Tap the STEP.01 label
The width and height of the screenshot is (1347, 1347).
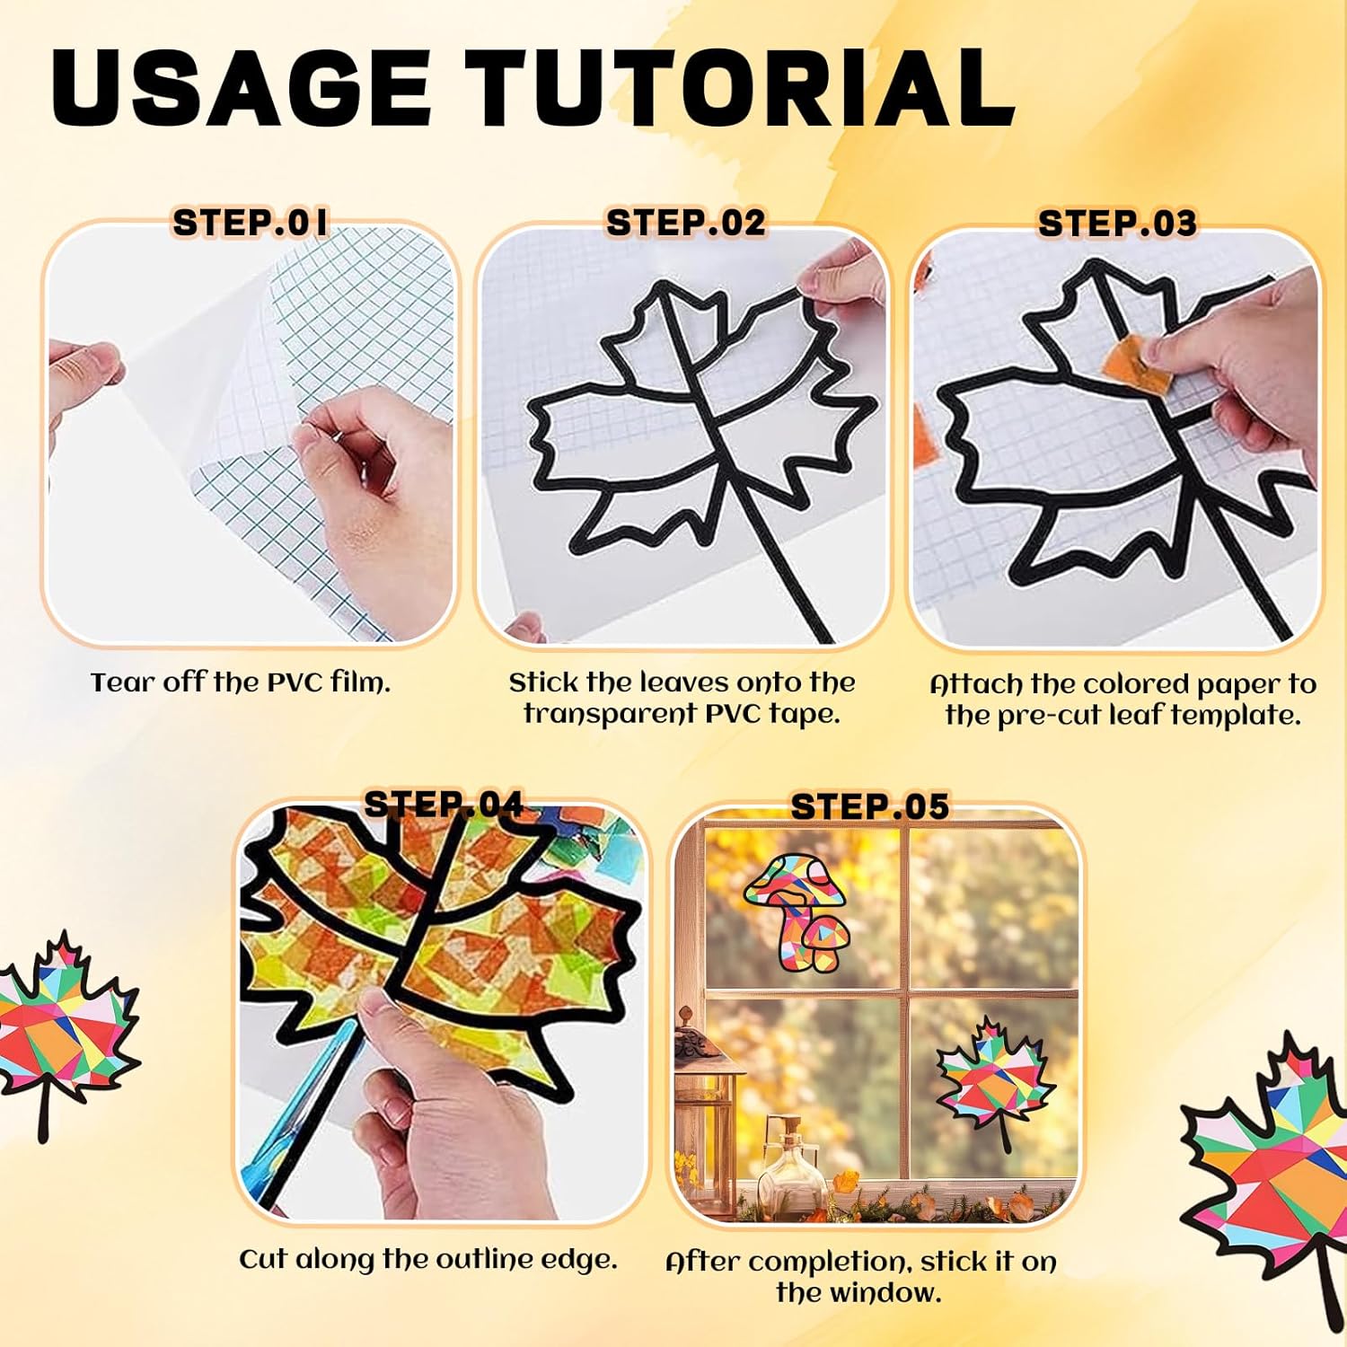click(x=251, y=223)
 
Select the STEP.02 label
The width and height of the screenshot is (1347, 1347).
click(x=686, y=223)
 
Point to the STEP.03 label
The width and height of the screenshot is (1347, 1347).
click(x=1117, y=224)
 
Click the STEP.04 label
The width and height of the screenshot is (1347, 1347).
click(x=443, y=804)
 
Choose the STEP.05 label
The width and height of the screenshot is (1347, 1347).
click(x=869, y=806)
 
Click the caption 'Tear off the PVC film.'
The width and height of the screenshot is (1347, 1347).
click(x=241, y=682)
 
